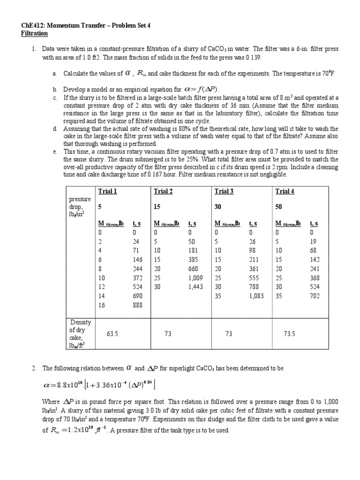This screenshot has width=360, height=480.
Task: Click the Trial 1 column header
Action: [x=107, y=191]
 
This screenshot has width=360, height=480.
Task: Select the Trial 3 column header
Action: [x=224, y=191]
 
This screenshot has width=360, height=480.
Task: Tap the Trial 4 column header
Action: [x=285, y=191]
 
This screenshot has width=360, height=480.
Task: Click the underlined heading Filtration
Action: [x=35, y=34]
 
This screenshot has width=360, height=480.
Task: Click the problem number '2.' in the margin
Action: [x=34, y=369]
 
